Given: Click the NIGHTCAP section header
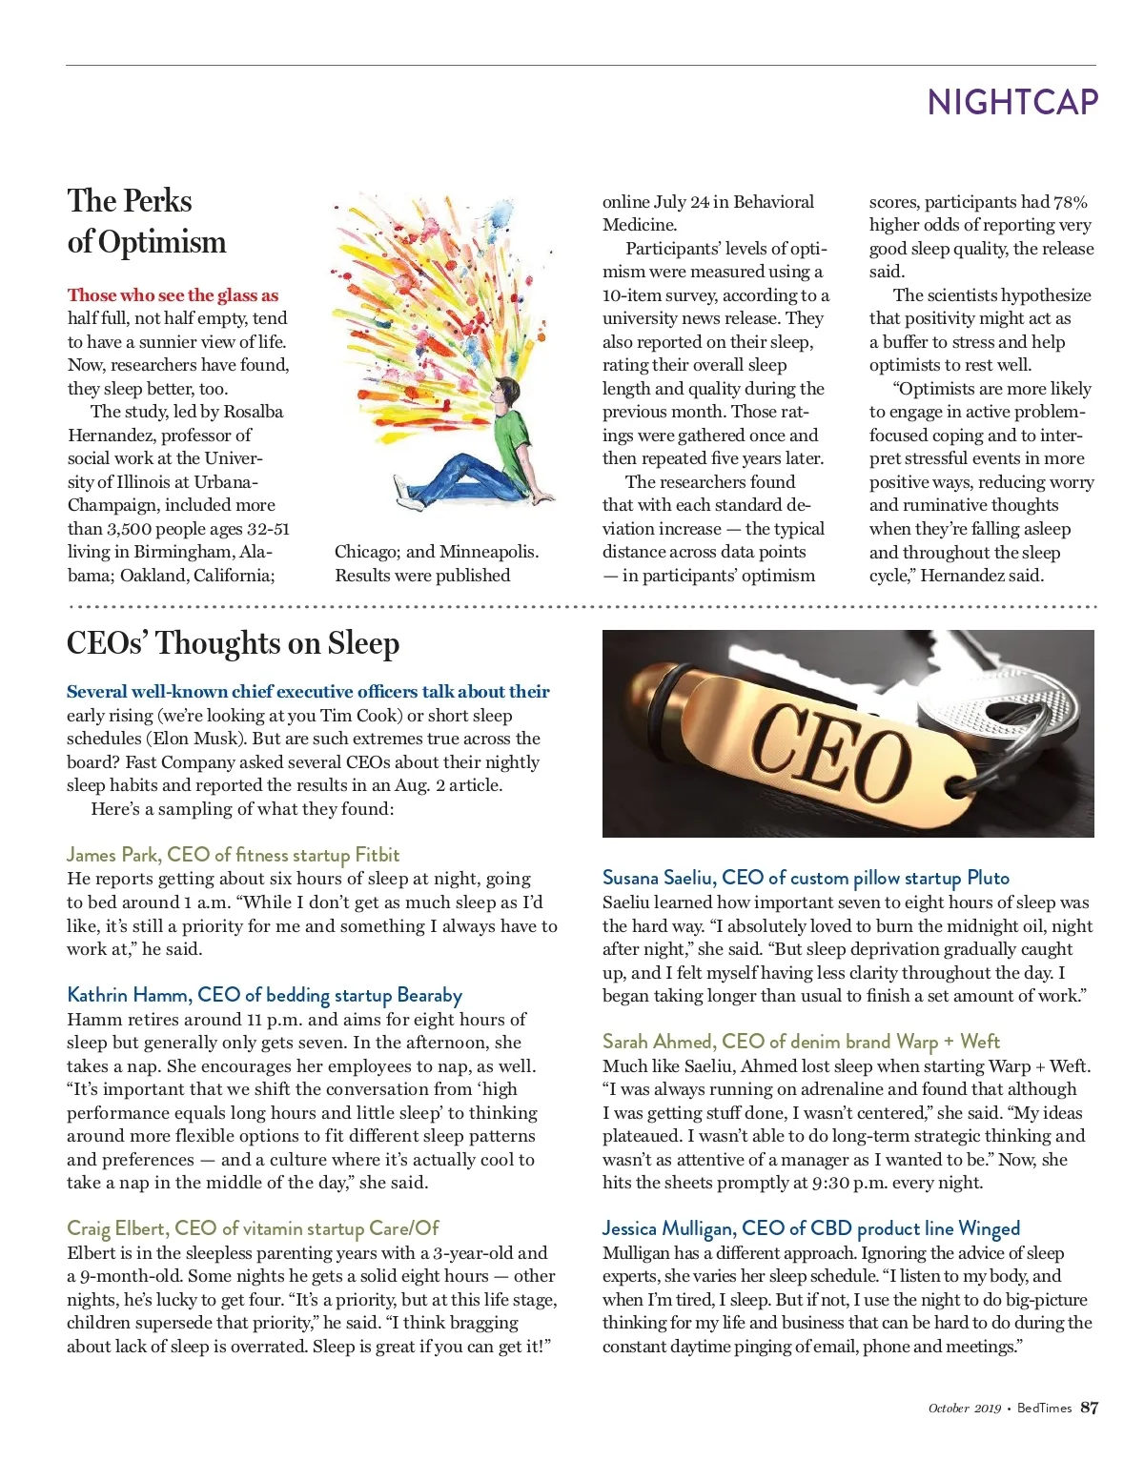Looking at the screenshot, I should pos(1012,103).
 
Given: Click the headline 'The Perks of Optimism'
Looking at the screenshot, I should pos(146,221).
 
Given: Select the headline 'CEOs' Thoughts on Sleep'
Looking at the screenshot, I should pos(233,644).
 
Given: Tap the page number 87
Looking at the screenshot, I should pos(1089,1408).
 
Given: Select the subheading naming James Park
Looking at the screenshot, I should pos(233,855).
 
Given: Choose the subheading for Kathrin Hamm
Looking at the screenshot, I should pos(264,995).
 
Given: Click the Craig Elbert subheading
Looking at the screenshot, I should pos(253,1228).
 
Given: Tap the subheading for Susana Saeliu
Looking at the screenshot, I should pos(806,878).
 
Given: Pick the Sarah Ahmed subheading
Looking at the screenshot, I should pos(801,1042).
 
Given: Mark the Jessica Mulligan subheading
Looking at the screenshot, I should pos(810,1228).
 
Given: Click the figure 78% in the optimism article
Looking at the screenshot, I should pos(1070,202).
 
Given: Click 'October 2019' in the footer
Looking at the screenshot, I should pos(964,1409).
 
